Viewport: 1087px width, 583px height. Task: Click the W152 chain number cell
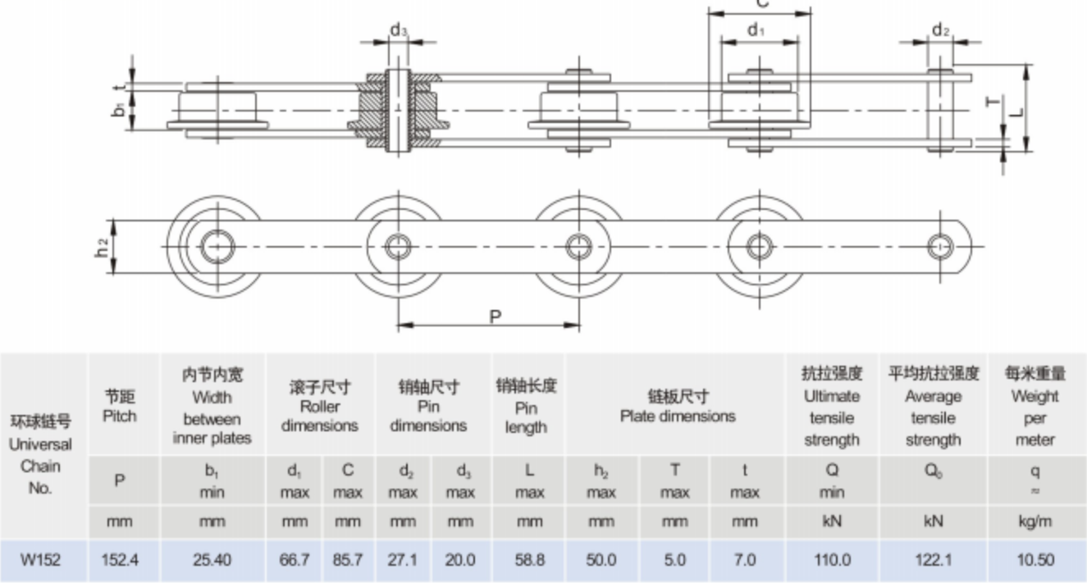(x=40, y=561)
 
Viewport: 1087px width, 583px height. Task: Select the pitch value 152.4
(x=119, y=561)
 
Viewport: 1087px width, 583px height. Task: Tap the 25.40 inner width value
(x=212, y=561)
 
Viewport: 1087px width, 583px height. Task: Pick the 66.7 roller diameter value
(x=295, y=561)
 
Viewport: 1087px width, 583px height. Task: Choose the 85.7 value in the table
(x=348, y=561)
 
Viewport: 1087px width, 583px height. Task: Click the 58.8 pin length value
(x=526, y=561)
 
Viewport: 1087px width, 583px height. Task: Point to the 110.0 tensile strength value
(x=832, y=561)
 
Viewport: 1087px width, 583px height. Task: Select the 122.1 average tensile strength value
(x=933, y=561)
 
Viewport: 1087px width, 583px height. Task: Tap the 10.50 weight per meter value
(x=1034, y=561)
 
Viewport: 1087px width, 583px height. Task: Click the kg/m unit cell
(x=1034, y=522)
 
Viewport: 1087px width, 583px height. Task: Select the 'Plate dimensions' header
(x=677, y=406)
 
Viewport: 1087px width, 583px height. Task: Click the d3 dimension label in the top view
(x=399, y=30)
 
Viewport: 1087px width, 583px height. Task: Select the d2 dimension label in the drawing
(x=941, y=31)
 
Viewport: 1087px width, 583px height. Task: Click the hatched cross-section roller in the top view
(x=399, y=111)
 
